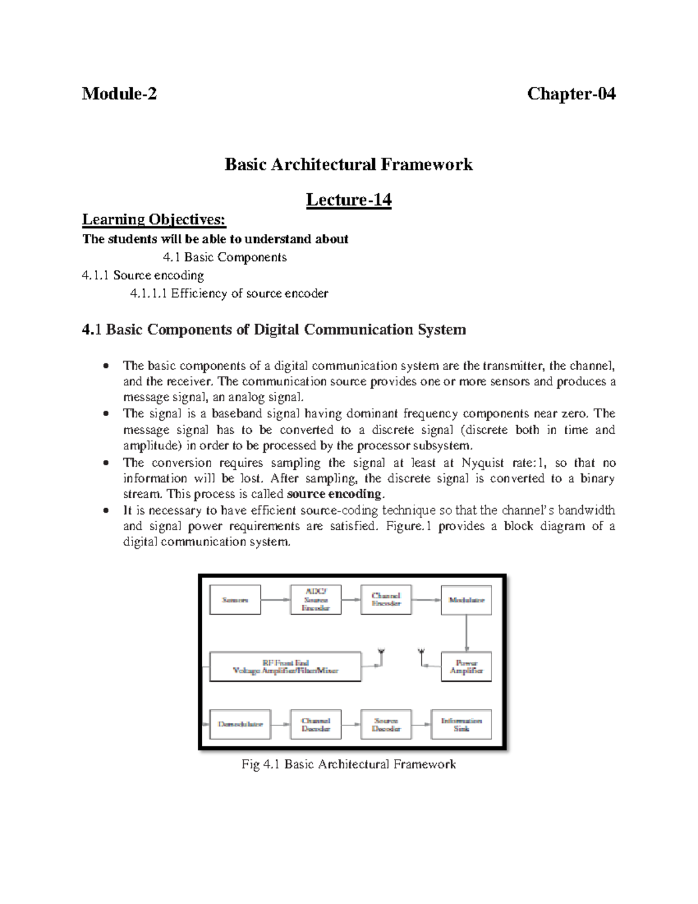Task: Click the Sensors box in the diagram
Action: pyautogui.click(x=235, y=600)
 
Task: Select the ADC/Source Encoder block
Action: pyautogui.click(x=316, y=600)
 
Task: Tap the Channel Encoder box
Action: pyautogui.click(x=386, y=600)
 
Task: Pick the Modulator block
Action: pyautogui.click(x=466, y=600)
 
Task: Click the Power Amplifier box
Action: pyautogui.click(x=466, y=667)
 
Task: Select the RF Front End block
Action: pyautogui.click(x=285, y=667)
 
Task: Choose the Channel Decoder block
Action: pyautogui.click(x=316, y=724)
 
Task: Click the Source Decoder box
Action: pyautogui.click(x=386, y=724)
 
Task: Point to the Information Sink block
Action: pyautogui.click(x=461, y=724)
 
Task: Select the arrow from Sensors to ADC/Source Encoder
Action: pyautogui.click(x=276, y=600)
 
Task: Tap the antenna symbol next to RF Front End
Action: pyautogui.click(x=381, y=655)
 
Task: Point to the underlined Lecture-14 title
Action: pyautogui.click(x=349, y=200)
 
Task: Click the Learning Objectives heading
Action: pyautogui.click(x=154, y=219)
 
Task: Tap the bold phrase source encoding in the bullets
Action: pyautogui.click(x=334, y=494)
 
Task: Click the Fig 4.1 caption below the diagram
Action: pyautogui.click(x=349, y=764)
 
